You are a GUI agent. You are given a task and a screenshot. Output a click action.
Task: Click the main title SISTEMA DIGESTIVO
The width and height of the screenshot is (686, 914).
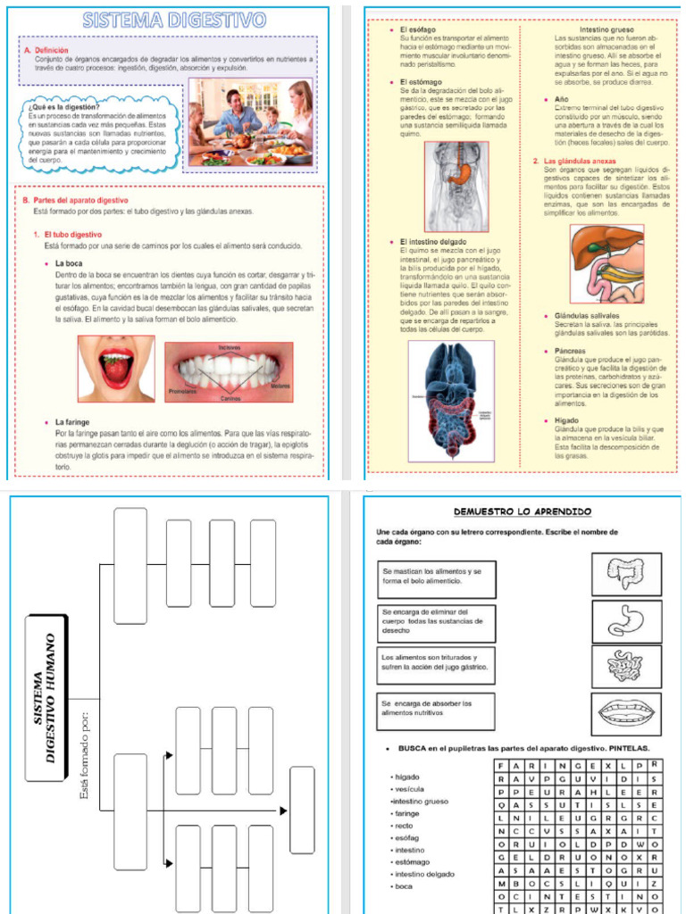tap(175, 20)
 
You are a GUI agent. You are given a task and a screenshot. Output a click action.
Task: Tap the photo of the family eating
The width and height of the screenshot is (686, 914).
tap(250, 122)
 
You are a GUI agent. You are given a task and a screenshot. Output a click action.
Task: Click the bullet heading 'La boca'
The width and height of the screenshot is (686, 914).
tap(69, 263)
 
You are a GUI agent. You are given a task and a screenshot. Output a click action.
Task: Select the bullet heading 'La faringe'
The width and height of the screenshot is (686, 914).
tap(74, 421)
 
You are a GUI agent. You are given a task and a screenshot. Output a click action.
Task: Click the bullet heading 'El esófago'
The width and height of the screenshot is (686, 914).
tap(417, 29)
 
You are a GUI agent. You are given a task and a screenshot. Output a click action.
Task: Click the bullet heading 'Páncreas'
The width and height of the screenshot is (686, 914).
tap(571, 352)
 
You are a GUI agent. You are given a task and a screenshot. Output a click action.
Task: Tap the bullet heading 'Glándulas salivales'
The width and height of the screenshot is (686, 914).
tap(587, 316)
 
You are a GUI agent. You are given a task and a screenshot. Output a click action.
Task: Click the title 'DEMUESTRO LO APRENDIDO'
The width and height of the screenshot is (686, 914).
tap(522, 511)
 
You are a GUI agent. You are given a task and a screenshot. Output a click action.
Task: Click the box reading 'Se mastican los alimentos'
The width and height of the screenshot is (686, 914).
tap(437, 577)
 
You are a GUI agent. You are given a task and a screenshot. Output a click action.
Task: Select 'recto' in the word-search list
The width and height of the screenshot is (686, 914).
tap(404, 826)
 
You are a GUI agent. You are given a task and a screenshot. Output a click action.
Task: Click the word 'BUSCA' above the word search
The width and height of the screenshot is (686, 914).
tap(416, 748)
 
